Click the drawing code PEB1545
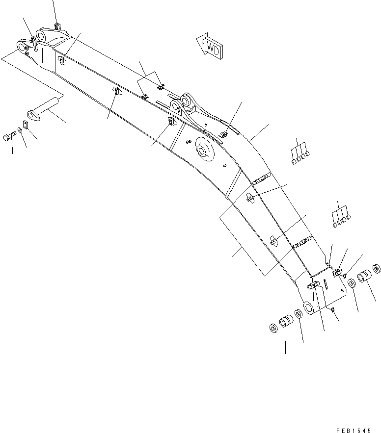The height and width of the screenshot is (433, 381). pyautogui.click(x=354, y=430)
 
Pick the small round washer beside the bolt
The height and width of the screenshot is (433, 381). pyautogui.click(x=19, y=130)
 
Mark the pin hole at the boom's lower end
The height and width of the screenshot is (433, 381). pyautogui.click(x=309, y=307)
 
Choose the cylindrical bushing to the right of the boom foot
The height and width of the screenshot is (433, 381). pyautogui.click(x=365, y=277)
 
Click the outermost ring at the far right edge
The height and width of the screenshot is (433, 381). pyautogui.click(x=377, y=268)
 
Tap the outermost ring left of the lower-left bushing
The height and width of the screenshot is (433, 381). pyautogui.click(x=273, y=327)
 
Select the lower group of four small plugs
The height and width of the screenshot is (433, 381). pyautogui.click(x=341, y=220)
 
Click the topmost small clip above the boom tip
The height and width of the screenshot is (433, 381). pyautogui.click(x=57, y=25)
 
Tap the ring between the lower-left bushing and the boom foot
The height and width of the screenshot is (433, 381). pyautogui.click(x=298, y=314)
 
